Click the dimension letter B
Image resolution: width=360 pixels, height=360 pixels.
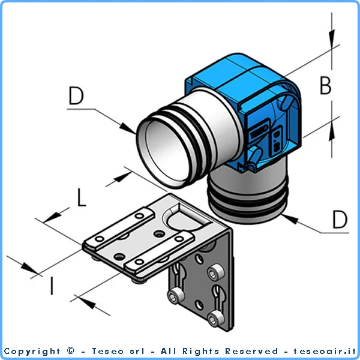326,85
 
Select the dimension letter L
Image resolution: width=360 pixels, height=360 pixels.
81,197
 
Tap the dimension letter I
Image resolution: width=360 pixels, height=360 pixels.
52,286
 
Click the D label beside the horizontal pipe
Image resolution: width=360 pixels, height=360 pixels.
76,95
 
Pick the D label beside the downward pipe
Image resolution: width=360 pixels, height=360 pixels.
340,220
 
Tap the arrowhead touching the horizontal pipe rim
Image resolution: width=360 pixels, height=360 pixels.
128,128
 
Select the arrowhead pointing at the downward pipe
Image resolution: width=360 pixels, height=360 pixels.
290,218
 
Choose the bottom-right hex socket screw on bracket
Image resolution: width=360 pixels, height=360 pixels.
215,319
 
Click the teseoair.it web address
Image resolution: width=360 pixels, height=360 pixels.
325,351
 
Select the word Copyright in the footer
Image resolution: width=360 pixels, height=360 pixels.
32,352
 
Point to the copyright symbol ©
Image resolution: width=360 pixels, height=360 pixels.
71,351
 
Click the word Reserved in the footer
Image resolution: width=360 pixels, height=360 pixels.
251,351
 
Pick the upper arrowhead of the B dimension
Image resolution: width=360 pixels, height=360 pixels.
332,39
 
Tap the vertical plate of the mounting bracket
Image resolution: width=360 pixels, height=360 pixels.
202,287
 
